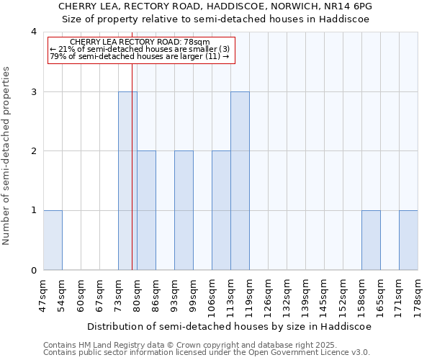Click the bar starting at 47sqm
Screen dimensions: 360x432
tap(53, 240)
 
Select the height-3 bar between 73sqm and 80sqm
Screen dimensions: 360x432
tap(127, 181)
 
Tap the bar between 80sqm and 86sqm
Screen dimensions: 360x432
tap(146, 210)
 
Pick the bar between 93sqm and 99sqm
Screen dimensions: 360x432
tap(184, 210)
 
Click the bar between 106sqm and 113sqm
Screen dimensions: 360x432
tap(221, 210)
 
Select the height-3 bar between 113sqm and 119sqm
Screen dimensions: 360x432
tap(240, 181)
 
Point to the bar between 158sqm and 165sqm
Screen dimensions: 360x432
tap(371, 240)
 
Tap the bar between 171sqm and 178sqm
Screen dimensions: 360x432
tap(408, 240)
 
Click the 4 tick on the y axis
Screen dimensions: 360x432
tap(34, 32)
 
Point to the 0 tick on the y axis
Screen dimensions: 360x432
tap(34, 271)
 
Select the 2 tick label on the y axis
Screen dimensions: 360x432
tap(34, 151)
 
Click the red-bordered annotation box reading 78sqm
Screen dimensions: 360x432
tap(141, 50)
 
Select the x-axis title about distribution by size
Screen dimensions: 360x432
tap(230, 326)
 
